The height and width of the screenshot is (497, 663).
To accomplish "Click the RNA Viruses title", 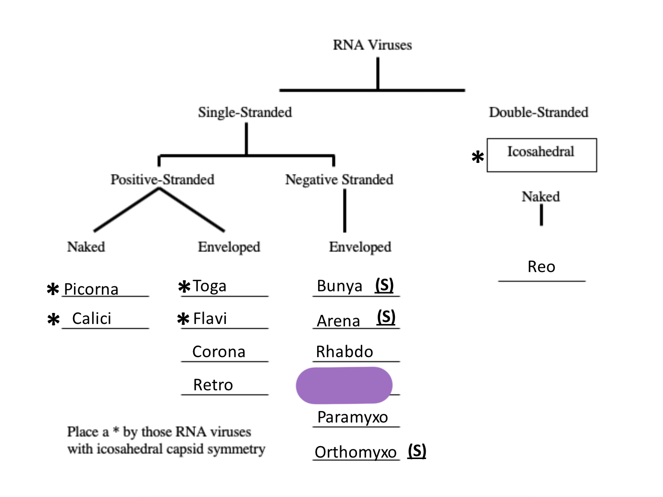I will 372,45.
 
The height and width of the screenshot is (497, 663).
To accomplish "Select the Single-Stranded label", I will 245,112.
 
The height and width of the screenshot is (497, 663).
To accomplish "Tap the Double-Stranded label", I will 539,112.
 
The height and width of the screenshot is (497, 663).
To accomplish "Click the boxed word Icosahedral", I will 541,152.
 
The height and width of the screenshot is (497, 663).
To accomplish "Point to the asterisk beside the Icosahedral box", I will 478,157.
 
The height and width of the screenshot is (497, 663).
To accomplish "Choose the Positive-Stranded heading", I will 162,180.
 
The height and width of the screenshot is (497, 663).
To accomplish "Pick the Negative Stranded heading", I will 339,180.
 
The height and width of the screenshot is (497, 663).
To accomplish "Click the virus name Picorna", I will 91,289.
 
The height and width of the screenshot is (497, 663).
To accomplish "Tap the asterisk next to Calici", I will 53,320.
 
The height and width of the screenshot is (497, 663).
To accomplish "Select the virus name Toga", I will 209,286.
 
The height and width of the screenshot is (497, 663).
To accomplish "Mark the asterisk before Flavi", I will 183,319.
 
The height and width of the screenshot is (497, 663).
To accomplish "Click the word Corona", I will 219,352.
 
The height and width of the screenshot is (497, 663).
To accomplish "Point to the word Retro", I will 213,385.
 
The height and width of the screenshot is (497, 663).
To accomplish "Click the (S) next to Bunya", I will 384,285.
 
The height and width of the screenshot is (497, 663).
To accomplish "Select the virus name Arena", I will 338,321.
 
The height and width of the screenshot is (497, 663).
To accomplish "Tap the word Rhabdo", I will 344,352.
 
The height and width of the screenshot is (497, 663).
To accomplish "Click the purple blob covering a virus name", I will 344,385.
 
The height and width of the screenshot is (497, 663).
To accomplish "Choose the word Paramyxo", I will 353,417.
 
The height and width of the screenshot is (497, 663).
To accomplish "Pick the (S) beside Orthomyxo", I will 417,451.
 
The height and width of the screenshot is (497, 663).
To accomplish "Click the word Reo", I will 541,267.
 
